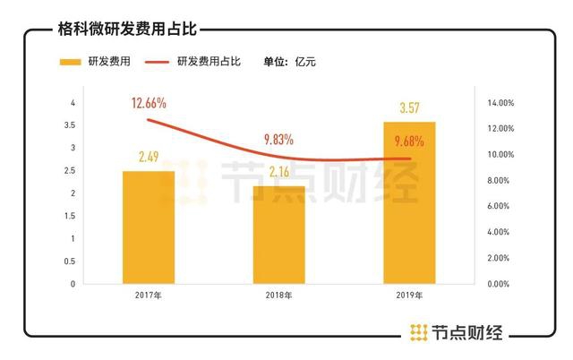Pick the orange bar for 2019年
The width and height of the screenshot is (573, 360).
click(409, 202)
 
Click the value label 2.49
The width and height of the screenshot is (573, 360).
click(149, 158)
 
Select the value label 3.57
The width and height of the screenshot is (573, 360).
click(409, 108)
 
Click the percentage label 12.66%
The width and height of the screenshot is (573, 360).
click(150, 104)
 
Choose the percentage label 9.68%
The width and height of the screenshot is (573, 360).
click(408, 140)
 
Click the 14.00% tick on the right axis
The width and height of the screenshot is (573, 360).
click(498, 104)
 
